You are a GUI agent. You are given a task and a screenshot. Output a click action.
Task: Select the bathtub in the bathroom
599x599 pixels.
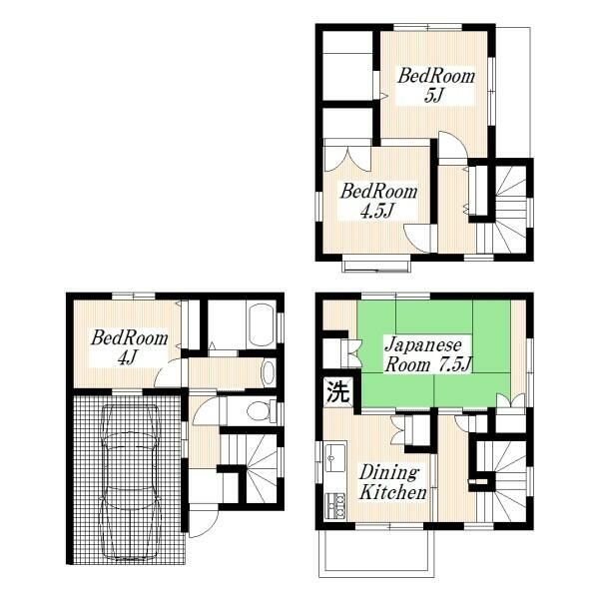(262, 324)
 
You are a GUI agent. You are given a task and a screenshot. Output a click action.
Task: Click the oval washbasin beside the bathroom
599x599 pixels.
(269, 372)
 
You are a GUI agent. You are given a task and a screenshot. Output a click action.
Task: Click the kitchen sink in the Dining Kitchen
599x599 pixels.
(335, 457)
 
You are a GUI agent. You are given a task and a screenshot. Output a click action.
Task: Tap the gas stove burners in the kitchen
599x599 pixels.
(335, 506)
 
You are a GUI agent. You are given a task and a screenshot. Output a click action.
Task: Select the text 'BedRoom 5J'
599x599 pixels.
(436, 86)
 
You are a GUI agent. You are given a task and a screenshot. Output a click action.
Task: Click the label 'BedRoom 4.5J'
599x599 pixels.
(378, 201)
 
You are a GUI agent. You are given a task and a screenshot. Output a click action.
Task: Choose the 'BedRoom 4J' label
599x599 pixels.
(129, 347)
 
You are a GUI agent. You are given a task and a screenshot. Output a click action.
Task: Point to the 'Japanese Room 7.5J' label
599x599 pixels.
(428, 355)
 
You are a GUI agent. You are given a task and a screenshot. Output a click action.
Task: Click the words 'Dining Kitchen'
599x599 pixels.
(392, 483)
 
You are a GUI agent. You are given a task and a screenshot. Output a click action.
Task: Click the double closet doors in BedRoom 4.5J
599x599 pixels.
(347, 159)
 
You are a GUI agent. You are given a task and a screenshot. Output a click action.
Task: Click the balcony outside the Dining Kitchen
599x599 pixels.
(377, 553)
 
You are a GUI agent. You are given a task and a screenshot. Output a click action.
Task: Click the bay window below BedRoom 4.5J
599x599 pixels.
(377, 267)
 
